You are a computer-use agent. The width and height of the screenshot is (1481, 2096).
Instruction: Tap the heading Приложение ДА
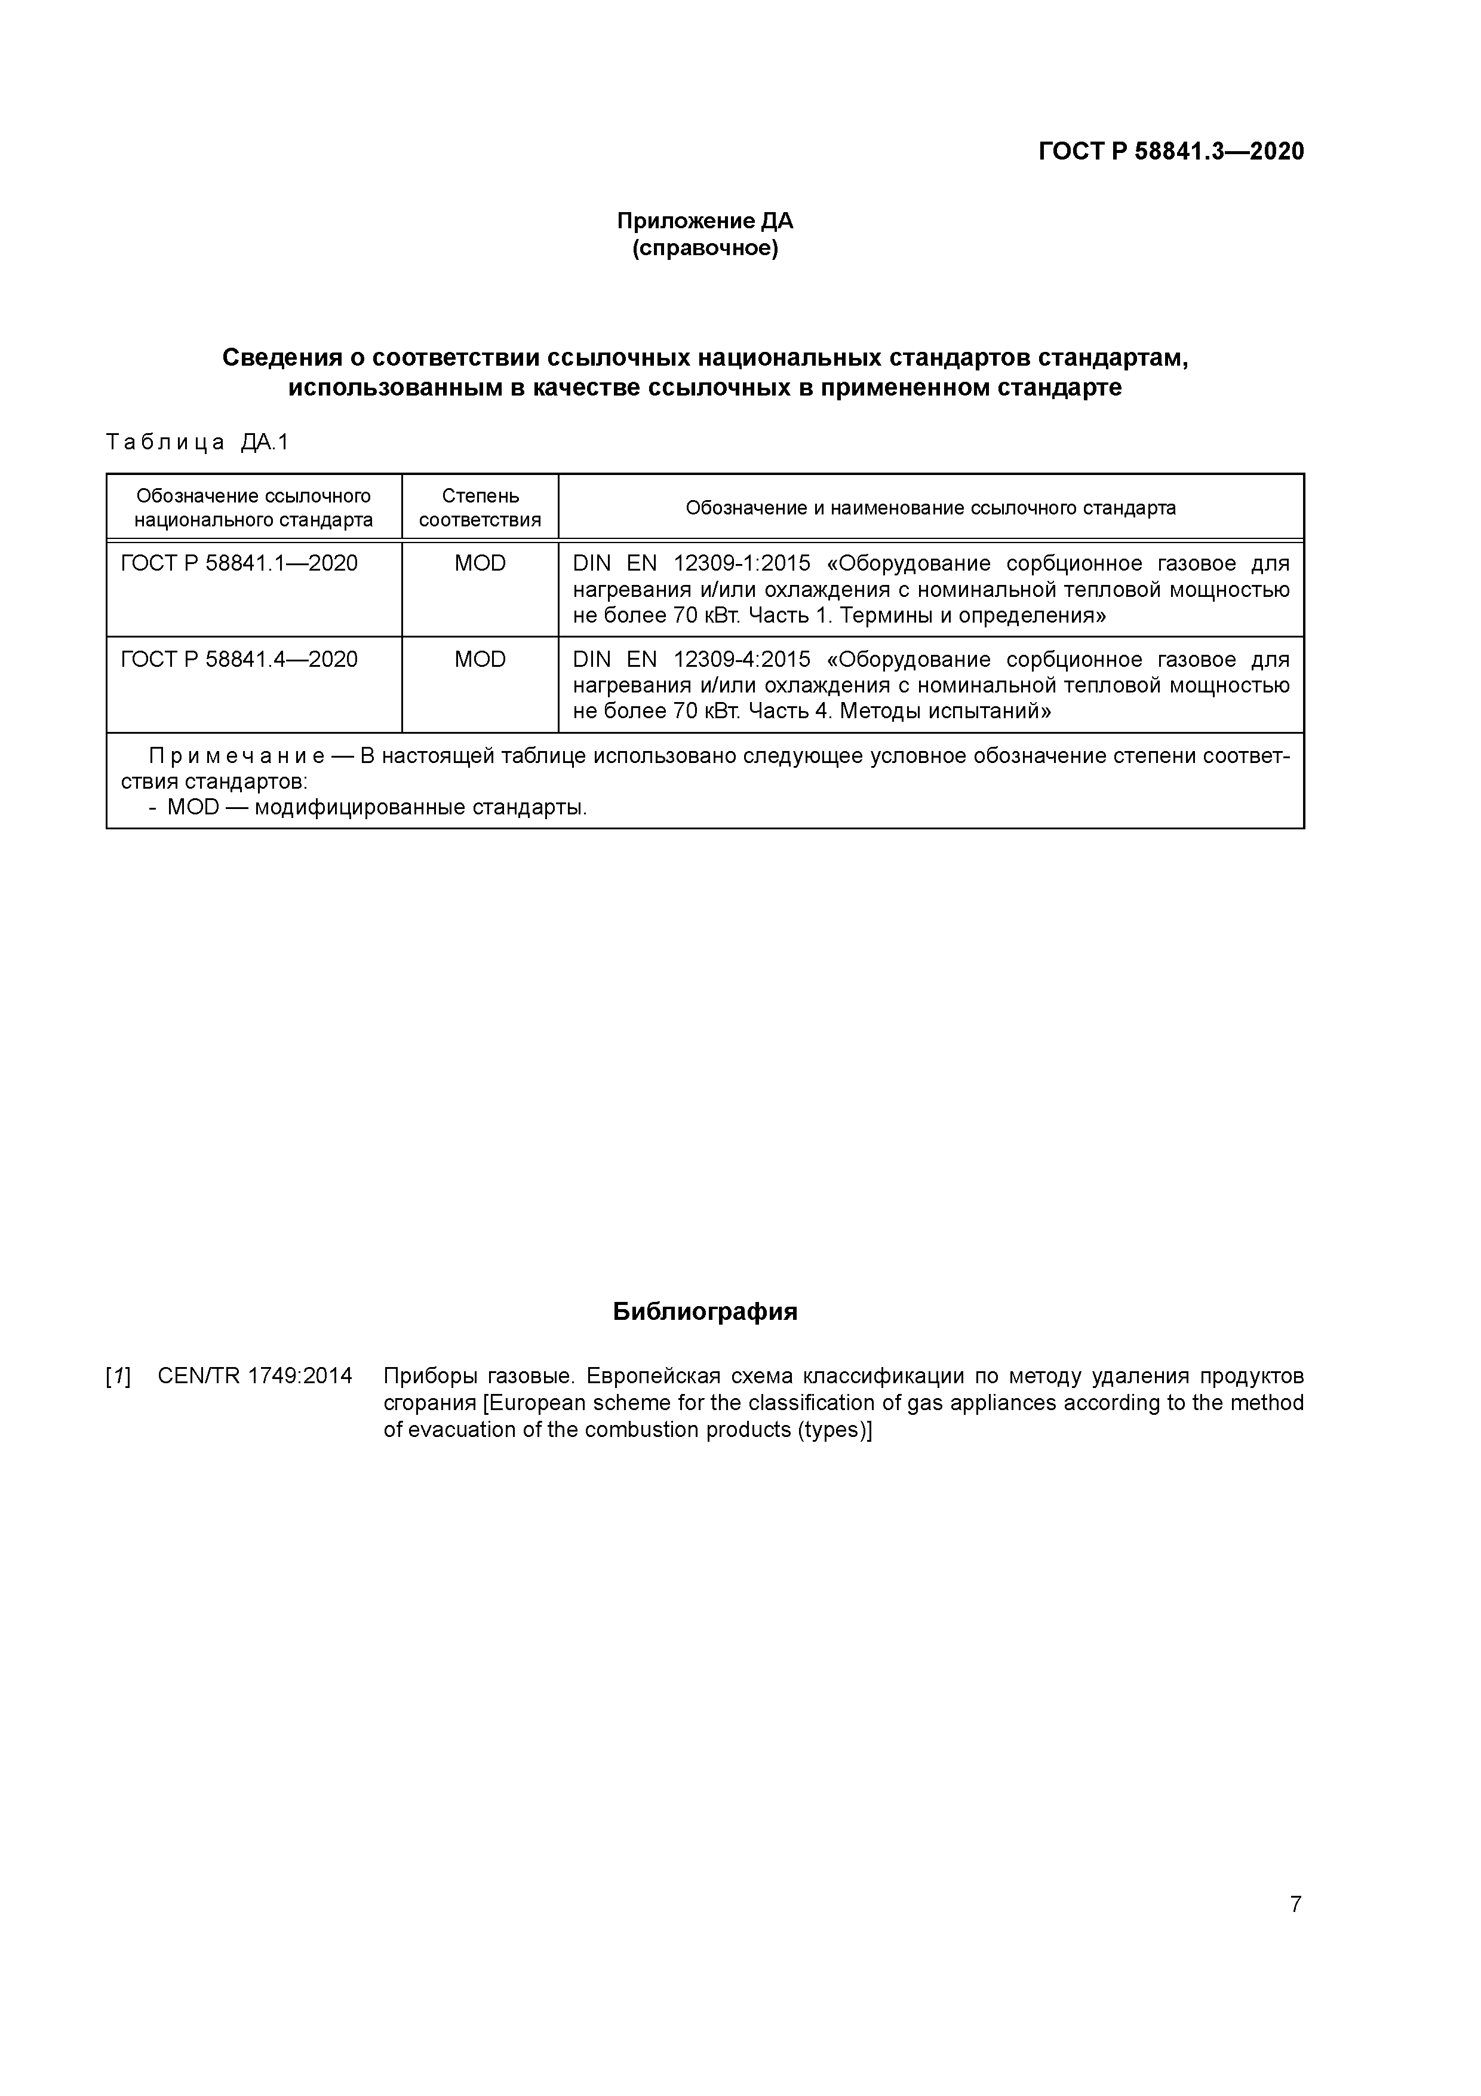pyautogui.click(x=705, y=221)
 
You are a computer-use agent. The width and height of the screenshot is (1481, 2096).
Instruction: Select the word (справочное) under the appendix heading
pyautogui.click(x=705, y=249)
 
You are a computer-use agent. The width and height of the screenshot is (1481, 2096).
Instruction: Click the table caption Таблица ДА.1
pyautogui.click(x=197, y=443)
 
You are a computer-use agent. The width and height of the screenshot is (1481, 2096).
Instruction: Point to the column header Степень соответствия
pyautogui.click(x=480, y=507)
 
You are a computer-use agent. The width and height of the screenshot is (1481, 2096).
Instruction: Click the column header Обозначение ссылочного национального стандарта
pyautogui.click(x=254, y=507)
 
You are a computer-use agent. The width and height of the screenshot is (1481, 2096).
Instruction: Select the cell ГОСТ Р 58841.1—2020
pyautogui.click(x=239, y=563)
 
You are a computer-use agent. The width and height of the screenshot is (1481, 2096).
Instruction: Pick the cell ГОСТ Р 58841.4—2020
pyautogui.click(x=239, y=659)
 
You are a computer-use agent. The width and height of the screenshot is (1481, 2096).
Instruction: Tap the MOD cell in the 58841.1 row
pyautogui.click(x=480, y=563)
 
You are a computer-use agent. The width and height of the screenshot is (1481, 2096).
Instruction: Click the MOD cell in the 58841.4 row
pyautogui.click(x=480, y=659)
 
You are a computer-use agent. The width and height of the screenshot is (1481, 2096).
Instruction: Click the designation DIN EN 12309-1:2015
pyautogui.click(x=691, y=563)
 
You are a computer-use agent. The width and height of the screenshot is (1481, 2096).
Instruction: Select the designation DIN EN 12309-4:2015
pyautogui.click(x=691, y=659)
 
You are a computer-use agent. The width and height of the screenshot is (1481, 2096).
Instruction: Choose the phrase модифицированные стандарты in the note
pyautogui.click(x=420, y=808)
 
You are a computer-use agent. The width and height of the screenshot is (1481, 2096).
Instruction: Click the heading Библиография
pyautogui.click(x=705, y=1312)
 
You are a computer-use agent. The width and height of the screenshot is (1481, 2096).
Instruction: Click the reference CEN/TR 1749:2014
pyautogui.click(x=254, y=1376)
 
